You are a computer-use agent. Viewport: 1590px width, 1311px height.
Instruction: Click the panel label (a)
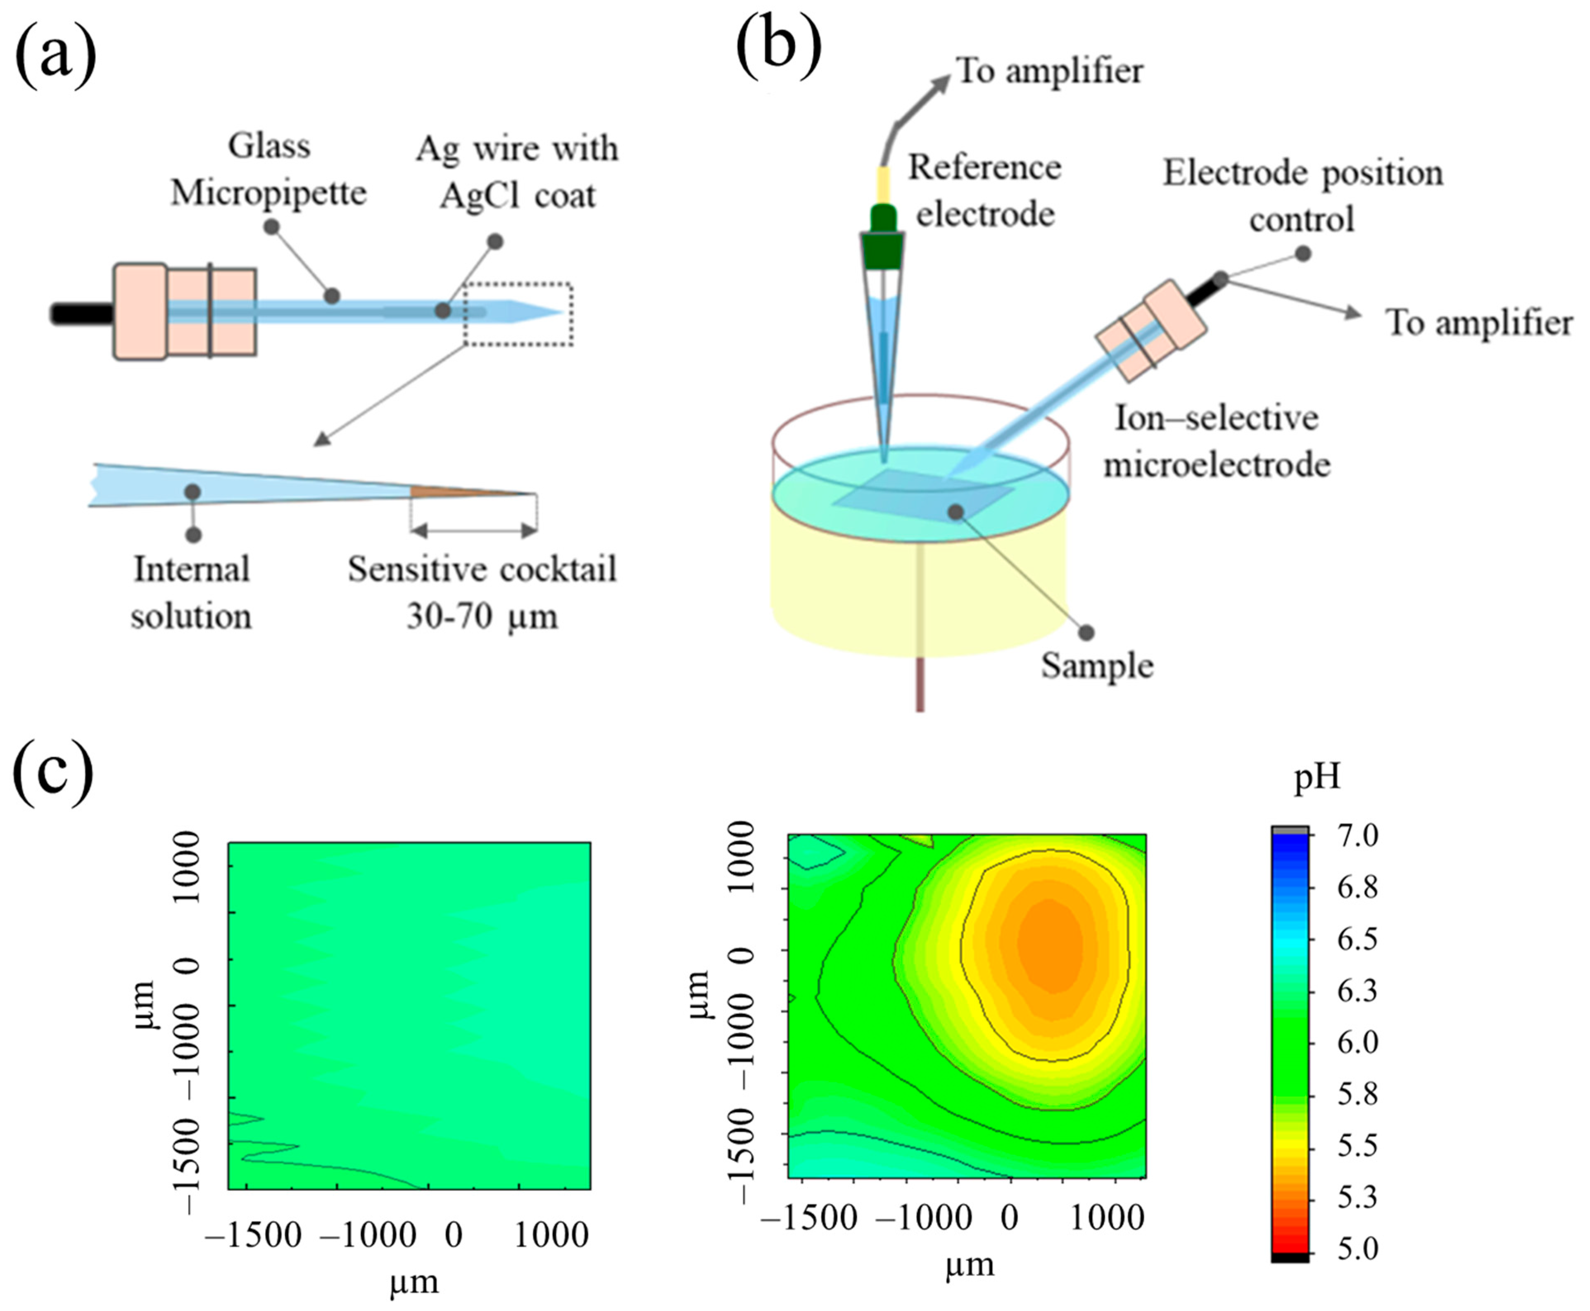click(x=55, y=57)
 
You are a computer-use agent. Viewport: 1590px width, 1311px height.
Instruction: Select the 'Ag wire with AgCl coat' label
click(x=517, y=171)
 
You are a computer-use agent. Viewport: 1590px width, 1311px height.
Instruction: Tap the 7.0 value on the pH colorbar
click(x=1357, y=835)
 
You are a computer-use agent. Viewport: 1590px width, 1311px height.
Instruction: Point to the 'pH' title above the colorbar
click(x=1317, y=776)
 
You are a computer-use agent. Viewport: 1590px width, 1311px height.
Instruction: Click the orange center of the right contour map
click(x=1049, y=948)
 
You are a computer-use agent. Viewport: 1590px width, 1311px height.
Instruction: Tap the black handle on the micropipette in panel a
click(x=81, y=313)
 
